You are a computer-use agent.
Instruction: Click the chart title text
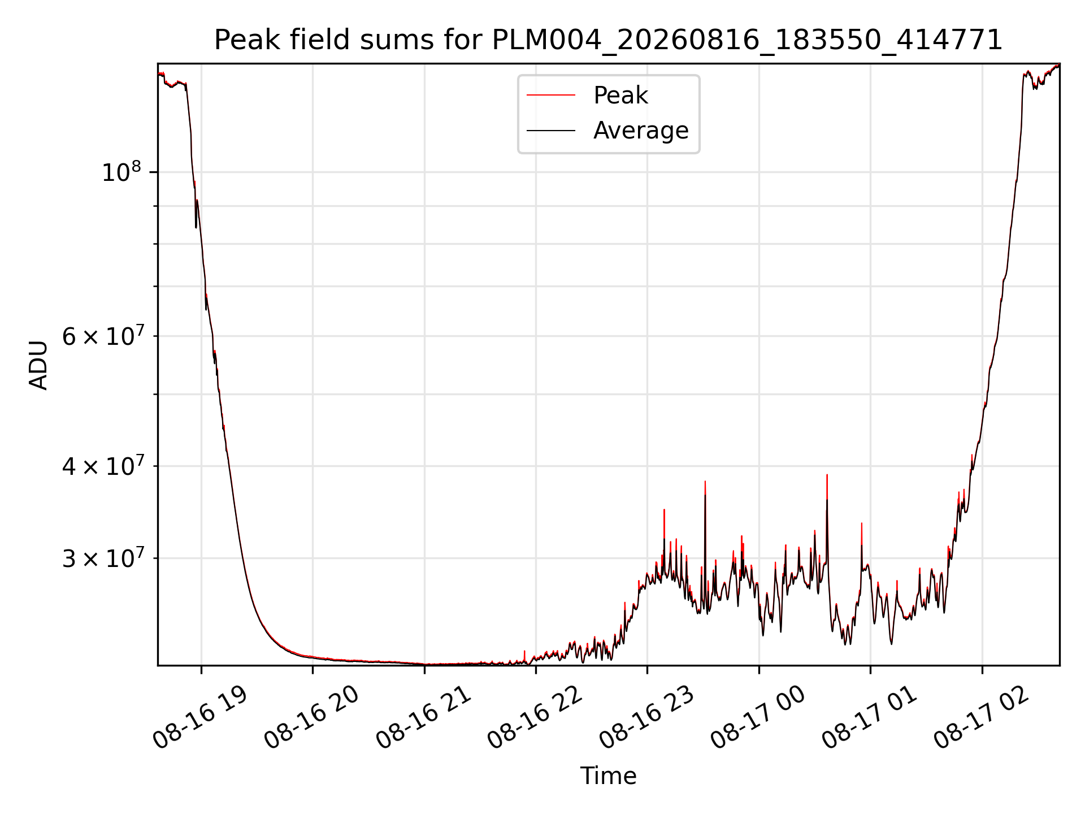click(x=608, y=40)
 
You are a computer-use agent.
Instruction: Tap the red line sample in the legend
click(x=551, y=96)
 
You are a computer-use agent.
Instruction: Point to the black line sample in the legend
click(x=551, y=131)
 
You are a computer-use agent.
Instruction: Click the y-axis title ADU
click(x=38, y=365)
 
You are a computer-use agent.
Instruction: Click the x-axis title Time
click(x=608, y=776)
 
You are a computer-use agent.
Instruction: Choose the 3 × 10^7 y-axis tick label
click(x=103, y=557)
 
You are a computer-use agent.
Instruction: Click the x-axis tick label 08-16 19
click(x=200, y=718)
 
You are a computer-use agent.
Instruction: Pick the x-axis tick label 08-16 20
click(x=311, y=718)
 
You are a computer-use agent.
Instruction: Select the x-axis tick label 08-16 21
click(x=423, y=718)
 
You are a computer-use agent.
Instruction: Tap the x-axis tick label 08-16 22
click(x=535, y=718)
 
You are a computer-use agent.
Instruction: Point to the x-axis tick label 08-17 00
click(x=758, y=718)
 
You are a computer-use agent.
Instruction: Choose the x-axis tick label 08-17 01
click(x=869, y=718)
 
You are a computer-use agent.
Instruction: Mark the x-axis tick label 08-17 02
click(x=981, y=718)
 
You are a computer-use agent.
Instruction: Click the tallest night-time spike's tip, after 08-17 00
click(x=827, y=475)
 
